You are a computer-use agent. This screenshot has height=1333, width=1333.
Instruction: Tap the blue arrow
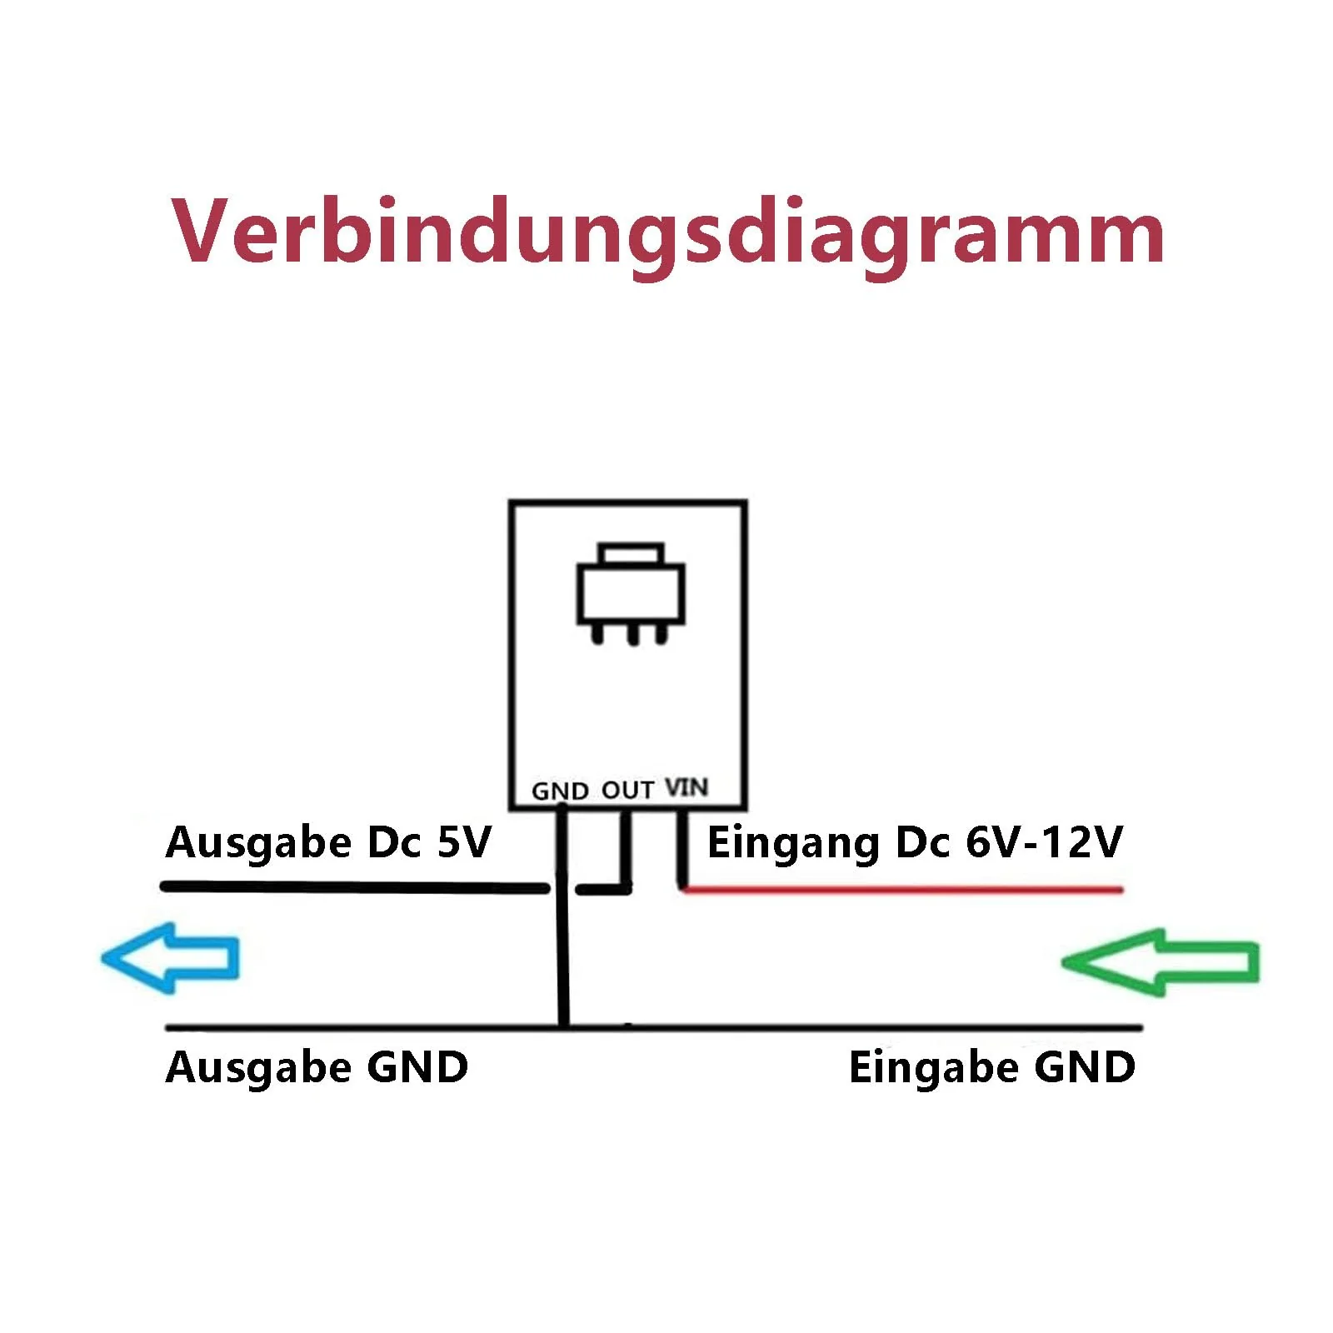click(171, 957)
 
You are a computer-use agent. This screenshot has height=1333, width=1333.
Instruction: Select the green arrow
click(1160, 962)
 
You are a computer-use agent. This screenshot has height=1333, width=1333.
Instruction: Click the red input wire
click(902, 889)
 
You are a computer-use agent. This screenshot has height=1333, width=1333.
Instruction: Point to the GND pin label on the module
click(561, 791)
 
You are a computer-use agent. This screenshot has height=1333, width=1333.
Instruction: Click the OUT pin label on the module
click(627, 790)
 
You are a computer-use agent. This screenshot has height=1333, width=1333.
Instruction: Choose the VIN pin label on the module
click(686, 787)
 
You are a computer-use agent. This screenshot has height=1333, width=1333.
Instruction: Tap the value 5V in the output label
click(464, 842)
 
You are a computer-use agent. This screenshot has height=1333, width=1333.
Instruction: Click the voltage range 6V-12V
click(1044, 842)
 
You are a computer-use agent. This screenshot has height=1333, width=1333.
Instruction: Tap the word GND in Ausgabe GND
click(417, 1067)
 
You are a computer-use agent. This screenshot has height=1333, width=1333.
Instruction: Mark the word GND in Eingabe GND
click(1085, 1067)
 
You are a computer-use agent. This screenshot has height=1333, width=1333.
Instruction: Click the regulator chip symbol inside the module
click(631, 594)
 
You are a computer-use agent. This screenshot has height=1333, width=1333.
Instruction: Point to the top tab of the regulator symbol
click(631, 555)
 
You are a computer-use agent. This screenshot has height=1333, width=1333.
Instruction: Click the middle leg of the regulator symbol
click(632, 634)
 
